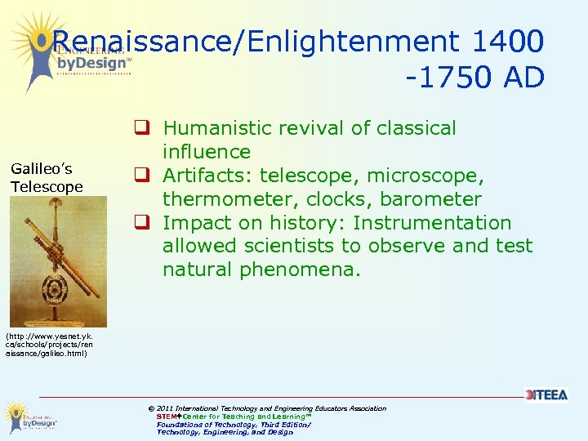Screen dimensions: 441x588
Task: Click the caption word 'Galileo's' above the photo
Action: tap(42, 169)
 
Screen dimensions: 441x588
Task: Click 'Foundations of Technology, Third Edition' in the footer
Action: tap(234, 425)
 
